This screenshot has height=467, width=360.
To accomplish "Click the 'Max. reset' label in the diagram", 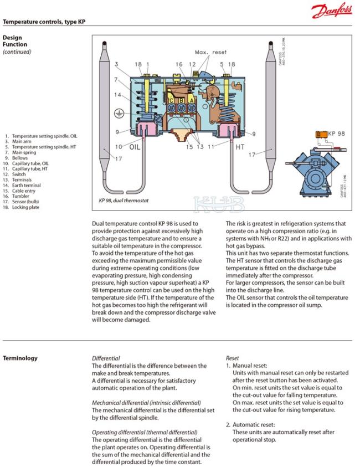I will click(210, 52).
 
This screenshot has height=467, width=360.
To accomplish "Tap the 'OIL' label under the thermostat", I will click(136, 147).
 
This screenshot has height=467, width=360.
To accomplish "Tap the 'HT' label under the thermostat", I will click(240, 147).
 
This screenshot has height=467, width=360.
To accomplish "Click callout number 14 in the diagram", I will click(117, 95).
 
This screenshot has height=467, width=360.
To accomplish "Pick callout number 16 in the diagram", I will click(179, 65).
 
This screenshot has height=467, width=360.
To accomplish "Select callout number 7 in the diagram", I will click(117, 80).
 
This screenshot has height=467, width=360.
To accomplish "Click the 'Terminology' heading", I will click(20, 358).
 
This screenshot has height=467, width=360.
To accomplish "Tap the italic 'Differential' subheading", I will click(105, 358).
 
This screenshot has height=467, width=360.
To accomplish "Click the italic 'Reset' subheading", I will click(232, 358).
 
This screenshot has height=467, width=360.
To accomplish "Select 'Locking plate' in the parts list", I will click(25, 207).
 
